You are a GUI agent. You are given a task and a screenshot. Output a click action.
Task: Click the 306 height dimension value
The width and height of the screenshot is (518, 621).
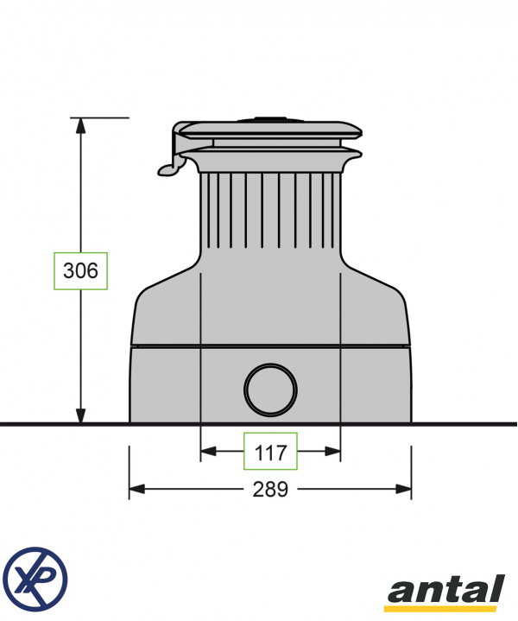tap(80, 271)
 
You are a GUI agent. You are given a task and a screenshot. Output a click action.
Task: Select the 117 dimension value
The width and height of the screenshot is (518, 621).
tap(270, 452)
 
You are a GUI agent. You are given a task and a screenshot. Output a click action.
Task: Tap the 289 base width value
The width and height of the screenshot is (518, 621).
tap(270, 489)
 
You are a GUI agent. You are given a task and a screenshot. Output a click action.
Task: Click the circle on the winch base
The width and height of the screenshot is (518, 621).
tap(270, 390)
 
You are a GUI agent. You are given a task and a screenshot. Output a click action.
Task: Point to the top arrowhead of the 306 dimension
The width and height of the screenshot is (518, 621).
tap(81, 125)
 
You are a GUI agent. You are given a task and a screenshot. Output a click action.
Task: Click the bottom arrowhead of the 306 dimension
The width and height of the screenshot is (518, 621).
tap(81, 415)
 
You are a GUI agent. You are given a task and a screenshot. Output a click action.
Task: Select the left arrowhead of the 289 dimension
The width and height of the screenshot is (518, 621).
tap(137, 489)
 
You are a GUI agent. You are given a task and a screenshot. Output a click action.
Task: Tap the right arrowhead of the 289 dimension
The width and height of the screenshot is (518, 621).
tap(403, 489)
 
